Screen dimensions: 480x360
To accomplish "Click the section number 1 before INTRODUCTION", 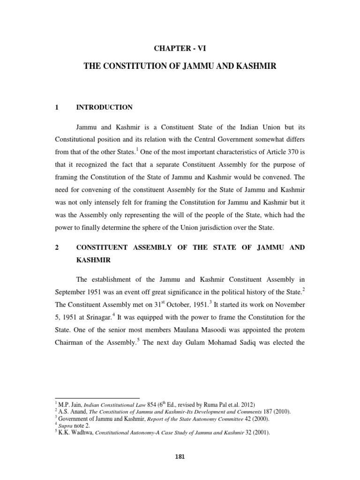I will (57, 107).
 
